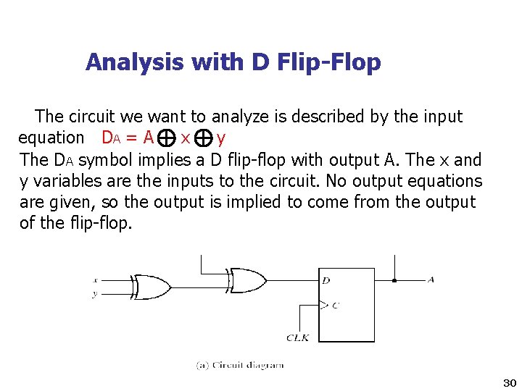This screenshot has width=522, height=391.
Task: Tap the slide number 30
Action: point(509,382)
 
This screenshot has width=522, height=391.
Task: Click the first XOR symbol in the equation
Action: point(166,137)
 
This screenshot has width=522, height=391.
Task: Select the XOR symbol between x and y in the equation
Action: point(204,137)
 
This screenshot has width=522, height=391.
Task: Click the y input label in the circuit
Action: point(96,293)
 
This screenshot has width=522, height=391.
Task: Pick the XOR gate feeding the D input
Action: point(247,279)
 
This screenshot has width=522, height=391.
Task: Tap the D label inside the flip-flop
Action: point(326,280)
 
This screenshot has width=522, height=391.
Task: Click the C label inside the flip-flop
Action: point(335,306)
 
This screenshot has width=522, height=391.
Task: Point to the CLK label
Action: point(298,337)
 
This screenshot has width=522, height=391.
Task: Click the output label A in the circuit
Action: point(431,279)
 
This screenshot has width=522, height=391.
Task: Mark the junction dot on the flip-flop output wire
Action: point(394,280)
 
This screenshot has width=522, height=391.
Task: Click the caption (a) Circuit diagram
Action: point(240,365)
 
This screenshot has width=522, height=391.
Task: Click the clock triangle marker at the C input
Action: point(323,305)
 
